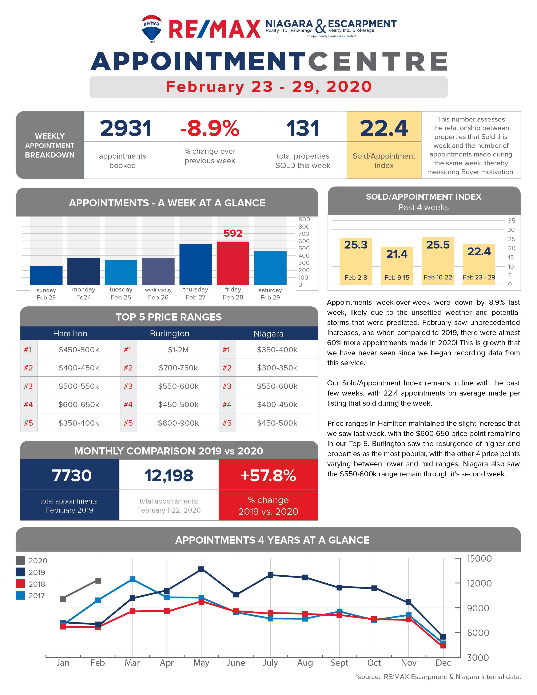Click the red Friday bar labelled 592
coord(233,263)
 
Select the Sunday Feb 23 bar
coord(46,275)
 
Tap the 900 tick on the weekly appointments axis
coord(304,219)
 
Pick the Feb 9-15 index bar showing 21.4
coord(397,265)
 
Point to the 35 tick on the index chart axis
coord(511,221)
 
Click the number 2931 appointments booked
coord(126,128)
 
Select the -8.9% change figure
coord(210,128)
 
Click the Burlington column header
coord(170,334)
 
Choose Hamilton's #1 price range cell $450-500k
coord(79,350)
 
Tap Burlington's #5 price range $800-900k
coord(178,423)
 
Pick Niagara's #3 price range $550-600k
coord(277,386)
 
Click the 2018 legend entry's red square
coord(20,584)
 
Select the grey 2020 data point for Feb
coord(98,581)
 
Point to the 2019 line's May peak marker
coord(201,569)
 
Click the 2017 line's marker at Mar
coord(132,579)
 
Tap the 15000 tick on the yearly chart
coord(479,559)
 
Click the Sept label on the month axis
coord(339,663)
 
